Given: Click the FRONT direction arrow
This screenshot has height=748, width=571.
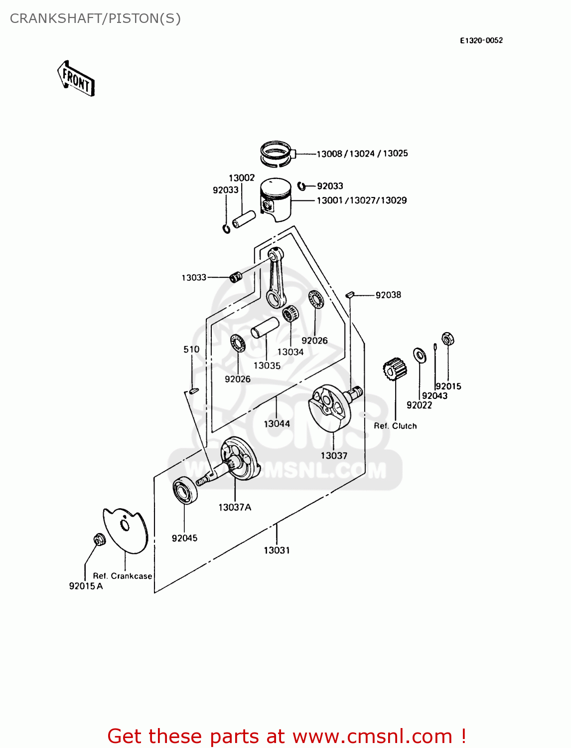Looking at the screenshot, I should [x=76, y=79].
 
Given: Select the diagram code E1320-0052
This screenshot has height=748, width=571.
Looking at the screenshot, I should [x=481, y=40].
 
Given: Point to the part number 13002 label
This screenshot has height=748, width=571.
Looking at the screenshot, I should [x=242, y=178].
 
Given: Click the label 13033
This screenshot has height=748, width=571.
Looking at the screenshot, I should [x=194, y=278].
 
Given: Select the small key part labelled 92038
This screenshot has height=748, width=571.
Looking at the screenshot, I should [x=350, y=295].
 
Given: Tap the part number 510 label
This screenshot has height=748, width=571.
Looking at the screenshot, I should [x=191, y=350].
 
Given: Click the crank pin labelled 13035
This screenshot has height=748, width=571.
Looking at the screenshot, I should [x=264, y=327].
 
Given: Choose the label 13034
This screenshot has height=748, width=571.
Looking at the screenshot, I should [x=290, y=352].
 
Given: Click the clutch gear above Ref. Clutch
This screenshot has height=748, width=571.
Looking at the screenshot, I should [x=395, y=370].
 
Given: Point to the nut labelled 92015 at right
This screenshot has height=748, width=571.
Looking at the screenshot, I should [x=447, y=339].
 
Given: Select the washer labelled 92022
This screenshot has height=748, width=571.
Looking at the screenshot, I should [x=420, y=356].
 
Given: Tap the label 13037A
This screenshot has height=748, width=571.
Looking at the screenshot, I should [x=235, y=508].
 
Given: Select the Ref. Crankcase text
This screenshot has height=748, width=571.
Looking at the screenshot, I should [x=123, y=576].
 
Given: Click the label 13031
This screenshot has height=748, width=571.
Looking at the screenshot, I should [x=277, y=551].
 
